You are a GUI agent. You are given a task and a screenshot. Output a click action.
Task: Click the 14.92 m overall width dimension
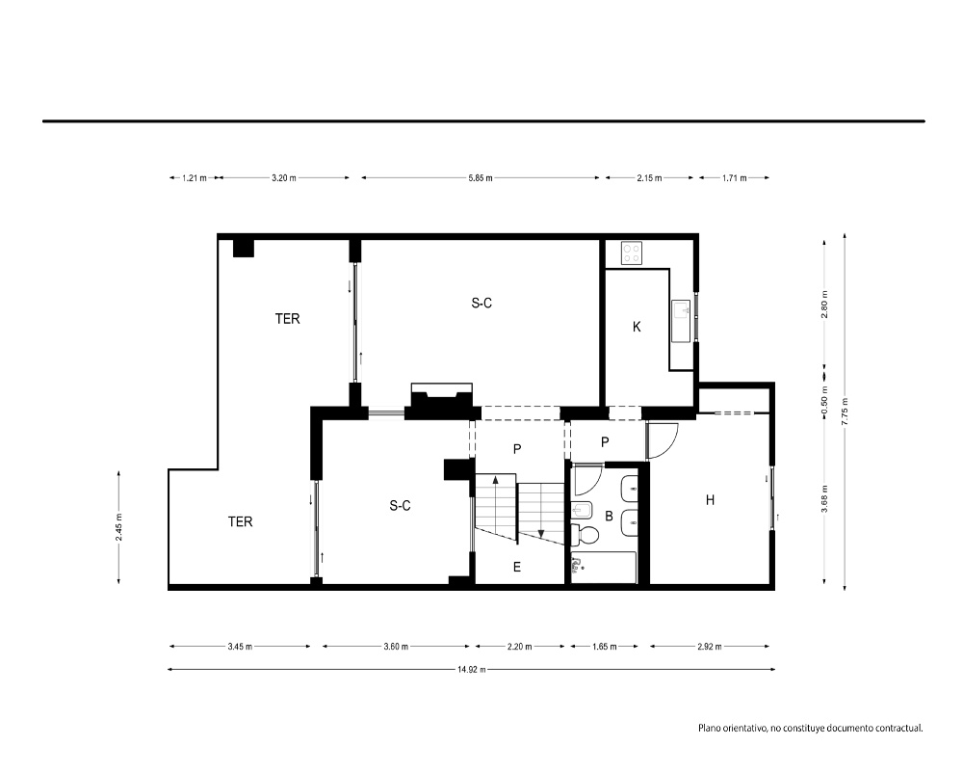(471, 669)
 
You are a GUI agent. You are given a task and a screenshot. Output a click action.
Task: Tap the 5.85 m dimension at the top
(481, 177)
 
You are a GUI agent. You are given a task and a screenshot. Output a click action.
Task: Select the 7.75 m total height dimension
(845, 412)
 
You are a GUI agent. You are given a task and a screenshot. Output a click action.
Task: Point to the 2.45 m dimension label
(118, 527)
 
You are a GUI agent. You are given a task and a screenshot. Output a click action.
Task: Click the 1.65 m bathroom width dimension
(605, 646)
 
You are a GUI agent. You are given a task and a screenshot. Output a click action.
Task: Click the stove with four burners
(632, 253)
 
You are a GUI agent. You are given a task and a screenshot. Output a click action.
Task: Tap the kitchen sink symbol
(682, 320)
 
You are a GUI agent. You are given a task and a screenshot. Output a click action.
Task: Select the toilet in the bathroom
(585, 534)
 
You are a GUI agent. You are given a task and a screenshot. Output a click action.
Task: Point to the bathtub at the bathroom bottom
(603, 568)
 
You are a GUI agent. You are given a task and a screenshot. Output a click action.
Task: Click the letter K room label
(637, 327)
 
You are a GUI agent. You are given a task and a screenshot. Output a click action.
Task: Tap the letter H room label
(710, 500)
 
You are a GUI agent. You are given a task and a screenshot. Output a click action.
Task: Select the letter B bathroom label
(609, 516)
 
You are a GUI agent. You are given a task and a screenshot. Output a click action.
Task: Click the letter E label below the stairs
(516, 567)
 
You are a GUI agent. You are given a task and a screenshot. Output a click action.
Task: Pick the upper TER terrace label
(287, 318)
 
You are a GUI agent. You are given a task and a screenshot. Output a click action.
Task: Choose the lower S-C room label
(400, 505)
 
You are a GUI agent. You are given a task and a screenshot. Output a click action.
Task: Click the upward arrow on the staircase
(496, 486)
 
